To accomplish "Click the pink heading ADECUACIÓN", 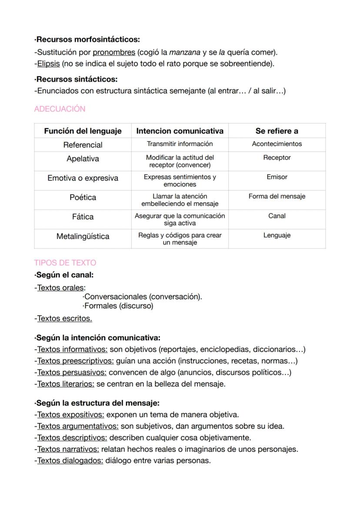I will tap(60, 109).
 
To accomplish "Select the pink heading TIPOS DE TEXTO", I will tap(65, 263).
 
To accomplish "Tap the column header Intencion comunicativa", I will tap(180, 131).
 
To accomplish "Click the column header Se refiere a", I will tap(277, 131).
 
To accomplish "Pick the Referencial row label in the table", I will tap(83, 145).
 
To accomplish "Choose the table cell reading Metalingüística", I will tap(83, 236).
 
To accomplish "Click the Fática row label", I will tap(83, 216).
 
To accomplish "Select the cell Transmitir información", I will tap(180, 144).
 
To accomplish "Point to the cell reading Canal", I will tap(277, 216).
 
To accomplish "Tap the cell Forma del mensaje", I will tap(277, 196).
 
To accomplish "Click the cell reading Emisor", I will tap(277, 177).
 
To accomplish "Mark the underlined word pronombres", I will tap(114, 53).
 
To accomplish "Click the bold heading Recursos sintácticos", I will tap(77, 80).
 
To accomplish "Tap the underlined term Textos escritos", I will tap(64, 319).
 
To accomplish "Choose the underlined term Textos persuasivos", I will tap(72, 373).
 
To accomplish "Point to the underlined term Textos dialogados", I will tap(70, 461).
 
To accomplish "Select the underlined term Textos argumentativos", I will tap(77, 426).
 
